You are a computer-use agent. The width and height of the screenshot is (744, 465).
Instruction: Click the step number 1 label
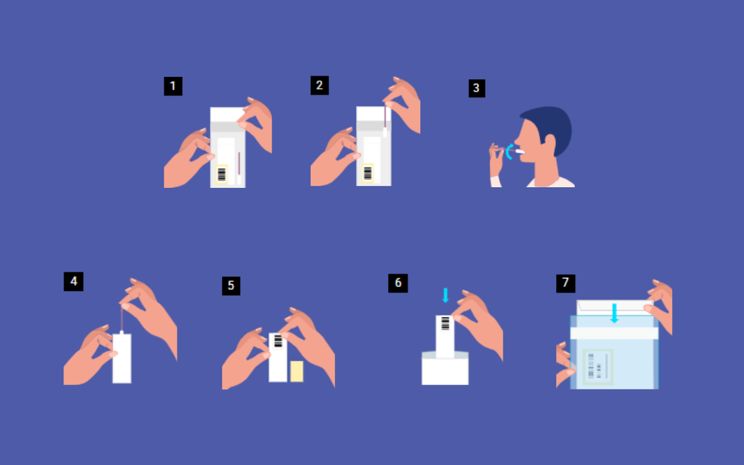point(173,87)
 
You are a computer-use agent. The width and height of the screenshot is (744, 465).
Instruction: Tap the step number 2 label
point(320,85)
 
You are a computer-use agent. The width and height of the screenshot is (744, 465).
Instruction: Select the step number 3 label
point(477,88)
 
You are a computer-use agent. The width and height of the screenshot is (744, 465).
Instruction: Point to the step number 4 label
point(73,281)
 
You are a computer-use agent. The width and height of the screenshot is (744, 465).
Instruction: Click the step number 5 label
point(231,286)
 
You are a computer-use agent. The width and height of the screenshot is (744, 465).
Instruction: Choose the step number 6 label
point(398,283)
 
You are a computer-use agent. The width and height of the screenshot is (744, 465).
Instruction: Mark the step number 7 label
point(565,283)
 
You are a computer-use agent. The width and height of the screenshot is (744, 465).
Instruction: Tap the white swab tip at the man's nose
point(519,151)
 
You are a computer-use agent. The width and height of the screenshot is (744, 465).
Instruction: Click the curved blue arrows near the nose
point(509,152)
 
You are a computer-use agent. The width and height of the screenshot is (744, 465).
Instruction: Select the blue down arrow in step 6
point(445,295)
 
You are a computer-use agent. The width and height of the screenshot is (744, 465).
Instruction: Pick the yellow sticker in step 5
point(297,371)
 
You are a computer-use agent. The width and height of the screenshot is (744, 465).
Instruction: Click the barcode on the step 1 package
point(222,175)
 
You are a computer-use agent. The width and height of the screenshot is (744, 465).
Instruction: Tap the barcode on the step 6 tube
point(445,323)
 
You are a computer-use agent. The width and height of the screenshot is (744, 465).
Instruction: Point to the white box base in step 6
point(445,371)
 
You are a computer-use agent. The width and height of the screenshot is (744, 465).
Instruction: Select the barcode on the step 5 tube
point(278,341)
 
